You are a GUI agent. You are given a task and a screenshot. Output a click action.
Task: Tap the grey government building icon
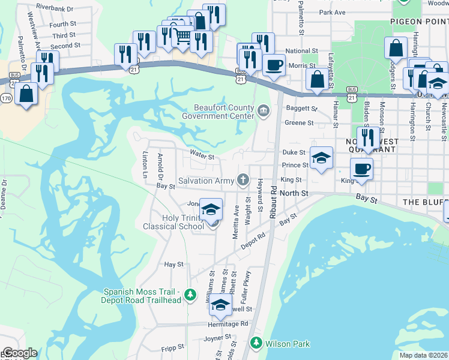pyautogui.click(x=263, y=111)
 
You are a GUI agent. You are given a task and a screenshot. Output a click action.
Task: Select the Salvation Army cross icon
pyautogui.click(x=243, y=179)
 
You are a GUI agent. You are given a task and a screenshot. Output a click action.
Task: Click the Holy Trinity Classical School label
pyautogui.click(x=174, y=222)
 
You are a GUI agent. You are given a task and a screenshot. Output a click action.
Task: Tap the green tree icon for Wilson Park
pyautogui.click(x=255, y=343)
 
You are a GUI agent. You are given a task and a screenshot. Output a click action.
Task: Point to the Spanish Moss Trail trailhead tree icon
pyautogui.click(x=190, y=295)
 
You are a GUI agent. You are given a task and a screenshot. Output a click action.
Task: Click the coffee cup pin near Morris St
pyautogui.click(x=274, y=64)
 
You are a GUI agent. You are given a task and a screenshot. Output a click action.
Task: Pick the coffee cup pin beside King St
pyautogui.click(x=361, y=169)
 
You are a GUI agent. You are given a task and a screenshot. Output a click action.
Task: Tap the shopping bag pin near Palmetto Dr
pyautogui.click(x=26, y=93)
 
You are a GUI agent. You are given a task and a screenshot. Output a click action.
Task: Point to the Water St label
pyautogui.click(x=202, y=157)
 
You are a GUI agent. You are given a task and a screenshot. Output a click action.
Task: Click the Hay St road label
pyautogui.click(x=173, y=264)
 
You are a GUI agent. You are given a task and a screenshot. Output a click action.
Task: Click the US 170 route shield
pyautogui.click(x=6, y=97)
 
